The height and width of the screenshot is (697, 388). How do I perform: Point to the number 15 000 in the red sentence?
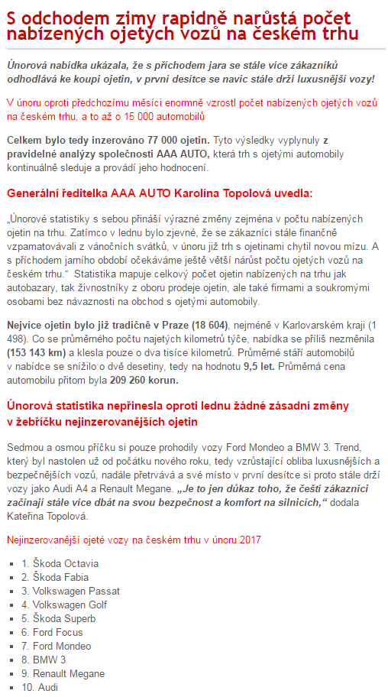coord(139,115)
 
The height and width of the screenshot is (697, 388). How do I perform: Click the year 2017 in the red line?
coord(247,540)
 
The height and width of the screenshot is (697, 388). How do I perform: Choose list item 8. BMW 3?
coord(44,659)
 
